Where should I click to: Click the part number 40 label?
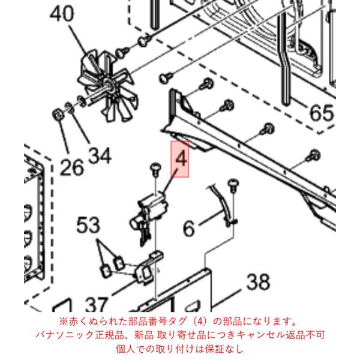pos(62,14)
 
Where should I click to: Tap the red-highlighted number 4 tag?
pos(180,159)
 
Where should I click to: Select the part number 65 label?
pos(321,113)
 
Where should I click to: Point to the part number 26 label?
pos(72,167)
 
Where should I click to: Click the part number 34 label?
pos(100,155)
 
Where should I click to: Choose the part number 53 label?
pos(88,225)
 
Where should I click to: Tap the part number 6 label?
pos(189,228)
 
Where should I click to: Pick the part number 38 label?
pos(258,281)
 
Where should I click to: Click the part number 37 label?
pos(96,304)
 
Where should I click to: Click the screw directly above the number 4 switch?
pos(155,169)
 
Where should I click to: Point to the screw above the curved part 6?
pos(233,185)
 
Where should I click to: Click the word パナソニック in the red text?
pos(64,335)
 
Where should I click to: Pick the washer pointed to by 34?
pos(70,107)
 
